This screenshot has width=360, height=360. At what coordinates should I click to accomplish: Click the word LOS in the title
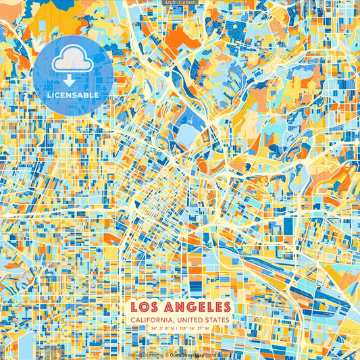(144, 307)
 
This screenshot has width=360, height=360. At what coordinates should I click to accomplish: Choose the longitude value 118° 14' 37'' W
(199, 328)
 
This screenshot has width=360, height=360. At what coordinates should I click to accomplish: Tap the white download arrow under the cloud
(73, 78)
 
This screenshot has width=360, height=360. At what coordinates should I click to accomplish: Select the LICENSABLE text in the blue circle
(73, 95)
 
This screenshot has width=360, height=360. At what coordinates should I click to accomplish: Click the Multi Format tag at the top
(180, 3)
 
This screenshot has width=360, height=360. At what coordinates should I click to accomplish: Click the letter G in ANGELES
(190, 307)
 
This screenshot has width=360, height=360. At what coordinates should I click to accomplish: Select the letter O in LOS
(143, 307)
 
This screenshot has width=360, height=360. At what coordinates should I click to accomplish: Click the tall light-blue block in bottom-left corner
(26, 344)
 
